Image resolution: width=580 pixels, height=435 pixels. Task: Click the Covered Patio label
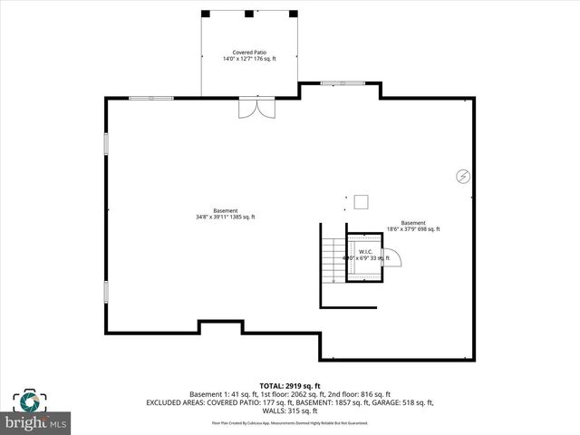pyautogui.click(x=249, y=53)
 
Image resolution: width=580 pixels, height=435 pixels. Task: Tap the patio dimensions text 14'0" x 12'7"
pyautogui.click(x=249, y=59)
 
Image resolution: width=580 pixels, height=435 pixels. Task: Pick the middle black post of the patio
pyautogui.click(x=249, y=13)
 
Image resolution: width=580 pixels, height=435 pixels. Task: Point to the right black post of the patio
pyautogui.click(x=292, y=13)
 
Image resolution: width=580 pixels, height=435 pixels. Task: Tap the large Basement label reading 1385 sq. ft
pyautogui.click(x=226, y=214)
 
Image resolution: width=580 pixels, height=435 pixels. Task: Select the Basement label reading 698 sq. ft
pyautogui.click(x=413, y=226)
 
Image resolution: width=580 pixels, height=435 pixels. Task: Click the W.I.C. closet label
pyautogui.click(x=366, y=252)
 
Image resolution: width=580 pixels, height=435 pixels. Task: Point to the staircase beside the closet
pyautogui.click(x=335, y=260)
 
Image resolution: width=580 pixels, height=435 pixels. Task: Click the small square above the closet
pyautogui.click(x=361, y=201)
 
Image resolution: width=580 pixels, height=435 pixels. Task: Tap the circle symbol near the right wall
pyautogui.click(x=461, y=176)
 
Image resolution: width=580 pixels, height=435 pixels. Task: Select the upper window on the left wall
pyautogui.click(x=106, y=144)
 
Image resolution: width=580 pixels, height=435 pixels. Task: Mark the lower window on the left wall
pyautogui.click(x=106, y=292)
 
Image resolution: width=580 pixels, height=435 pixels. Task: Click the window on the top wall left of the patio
pyautogui.click(x=150, y=98)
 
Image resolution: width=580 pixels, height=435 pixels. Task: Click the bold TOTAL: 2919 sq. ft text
pyautogui.click(x=290, y=386)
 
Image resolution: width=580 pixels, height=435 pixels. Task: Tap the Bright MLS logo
pyautogui.click(x=36, y=422)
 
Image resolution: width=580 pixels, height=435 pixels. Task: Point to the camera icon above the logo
pyautogui.click(x=30, y=400)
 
